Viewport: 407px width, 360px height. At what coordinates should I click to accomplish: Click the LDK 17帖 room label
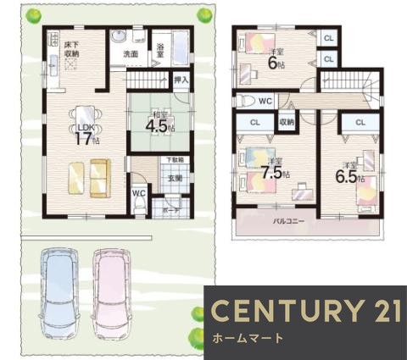[83, 135]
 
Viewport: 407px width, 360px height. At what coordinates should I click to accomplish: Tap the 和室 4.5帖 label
[155, 124]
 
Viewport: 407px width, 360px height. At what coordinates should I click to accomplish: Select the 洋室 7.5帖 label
[274, 168]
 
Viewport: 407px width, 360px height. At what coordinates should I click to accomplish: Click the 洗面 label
[131, 54]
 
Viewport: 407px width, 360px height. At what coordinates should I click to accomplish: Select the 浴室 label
[159, 50]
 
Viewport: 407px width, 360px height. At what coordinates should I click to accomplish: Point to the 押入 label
[180, 80]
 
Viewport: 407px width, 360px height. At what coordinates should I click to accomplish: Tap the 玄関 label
[174, 178]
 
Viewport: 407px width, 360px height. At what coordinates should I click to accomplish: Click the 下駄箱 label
[174, 161]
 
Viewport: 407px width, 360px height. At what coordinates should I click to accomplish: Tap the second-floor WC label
[265, 101]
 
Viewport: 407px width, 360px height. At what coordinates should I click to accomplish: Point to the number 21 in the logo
[381, 311]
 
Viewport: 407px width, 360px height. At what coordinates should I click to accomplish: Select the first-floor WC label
[138, 192]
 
